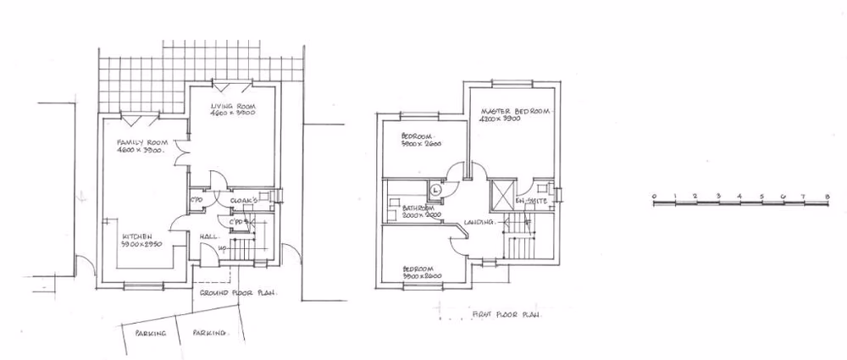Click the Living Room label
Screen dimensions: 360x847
point(230,102)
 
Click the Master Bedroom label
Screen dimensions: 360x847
point(516,112)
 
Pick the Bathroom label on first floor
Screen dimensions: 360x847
point(418,208)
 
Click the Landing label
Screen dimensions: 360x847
point(478,223)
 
